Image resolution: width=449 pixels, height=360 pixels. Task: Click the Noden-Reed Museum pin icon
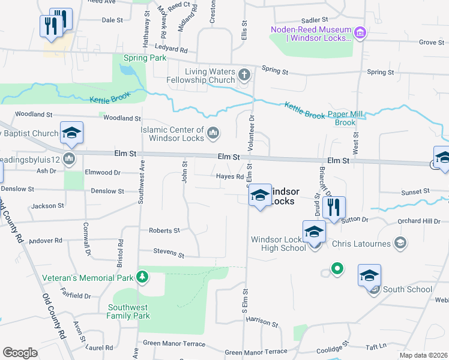[360, 31]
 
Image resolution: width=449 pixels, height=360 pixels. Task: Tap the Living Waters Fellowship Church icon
[244, 75]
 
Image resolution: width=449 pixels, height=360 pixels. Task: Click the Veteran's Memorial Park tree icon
[142, 277]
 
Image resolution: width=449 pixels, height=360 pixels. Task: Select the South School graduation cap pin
[370, 276]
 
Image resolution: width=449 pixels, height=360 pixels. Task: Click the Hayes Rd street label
[231, 176]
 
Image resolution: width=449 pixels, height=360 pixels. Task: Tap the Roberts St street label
[164, 230]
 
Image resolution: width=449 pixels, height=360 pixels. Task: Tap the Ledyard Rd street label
[171, 50]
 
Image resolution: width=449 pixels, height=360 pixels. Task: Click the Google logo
[20, 352]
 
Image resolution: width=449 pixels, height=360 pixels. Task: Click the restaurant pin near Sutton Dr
[333, 208]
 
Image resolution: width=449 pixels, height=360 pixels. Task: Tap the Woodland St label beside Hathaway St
[121, 119]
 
